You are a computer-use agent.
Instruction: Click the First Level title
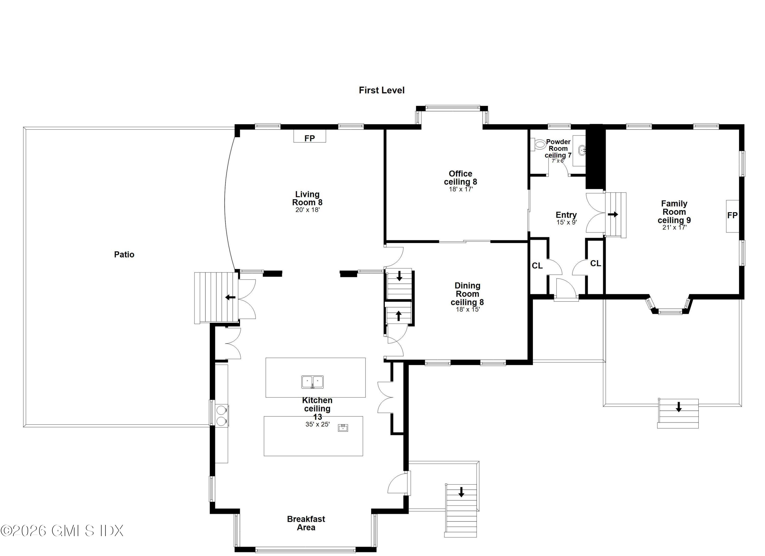pyautogui.click(x=381, y=90)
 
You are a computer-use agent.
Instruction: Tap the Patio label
pyautogui.click(x=124, y=255)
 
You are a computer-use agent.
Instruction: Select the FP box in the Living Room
pyautogui.click(x=309, y=137)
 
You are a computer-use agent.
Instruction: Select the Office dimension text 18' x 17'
pyautogui.click(x=461, y=189)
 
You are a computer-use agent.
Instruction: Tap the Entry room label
pyautogui.click(x=566, y=215)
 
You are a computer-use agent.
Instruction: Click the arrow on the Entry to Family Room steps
pyautogui.click(x=613, y=214)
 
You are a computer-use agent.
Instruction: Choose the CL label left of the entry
pyautogui.click(x=537, y=266)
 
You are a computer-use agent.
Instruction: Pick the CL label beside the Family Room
pyautogui.click(x=595, y=264)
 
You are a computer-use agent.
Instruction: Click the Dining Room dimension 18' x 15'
pyautogui.click(x=467, y=309)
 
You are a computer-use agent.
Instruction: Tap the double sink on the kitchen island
pyautogui.click(x=312, y=382)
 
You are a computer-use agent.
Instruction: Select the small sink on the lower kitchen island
pyautogui.click(x=343, y=428)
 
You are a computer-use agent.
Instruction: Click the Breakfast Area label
pyautogui.click(x=306, y=523)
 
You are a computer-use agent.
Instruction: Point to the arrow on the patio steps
pyautogui.click(x=230, y=298)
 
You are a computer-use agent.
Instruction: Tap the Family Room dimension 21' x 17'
pyautogui.click(x=674, y=228)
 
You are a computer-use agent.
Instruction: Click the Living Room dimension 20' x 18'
pyautogui.click(x=307, y=210)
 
